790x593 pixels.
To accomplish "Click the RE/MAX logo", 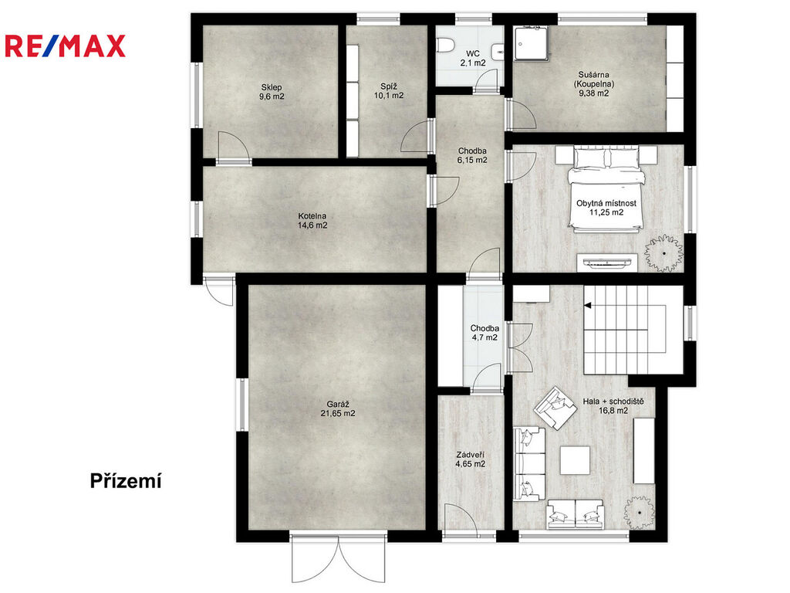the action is (65, 46).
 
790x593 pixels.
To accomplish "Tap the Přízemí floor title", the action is (126, 481).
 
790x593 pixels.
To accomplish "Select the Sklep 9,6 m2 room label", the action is (272, 92).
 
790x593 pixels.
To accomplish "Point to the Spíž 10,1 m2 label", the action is (389, 91).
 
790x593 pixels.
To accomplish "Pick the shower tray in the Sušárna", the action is (532, 44).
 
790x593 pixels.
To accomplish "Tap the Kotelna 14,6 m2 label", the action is (312, 221).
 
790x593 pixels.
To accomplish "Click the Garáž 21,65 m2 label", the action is (338, 408).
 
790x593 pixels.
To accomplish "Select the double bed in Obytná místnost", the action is (606, 189).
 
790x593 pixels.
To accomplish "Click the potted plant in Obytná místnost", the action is (664, 253).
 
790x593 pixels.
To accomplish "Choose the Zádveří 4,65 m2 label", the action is (470, 459).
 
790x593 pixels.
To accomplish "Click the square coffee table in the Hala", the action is (575, 460).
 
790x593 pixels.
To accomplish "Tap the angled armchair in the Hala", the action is (555, 408).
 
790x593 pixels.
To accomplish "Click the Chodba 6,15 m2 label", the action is (472, 155).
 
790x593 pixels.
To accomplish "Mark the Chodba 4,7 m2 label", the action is (484, 333).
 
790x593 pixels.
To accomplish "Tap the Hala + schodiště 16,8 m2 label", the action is (613, 406).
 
